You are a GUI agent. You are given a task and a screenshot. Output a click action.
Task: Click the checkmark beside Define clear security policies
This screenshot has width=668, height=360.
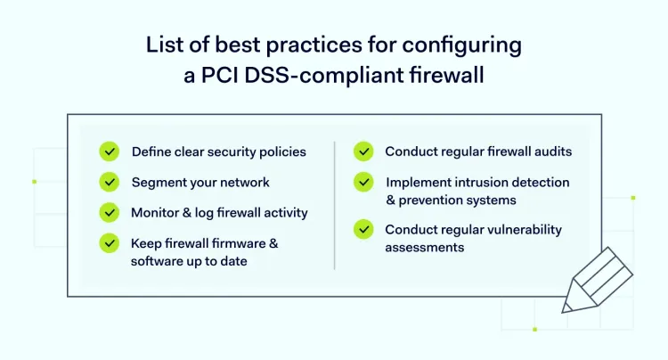point(110,151)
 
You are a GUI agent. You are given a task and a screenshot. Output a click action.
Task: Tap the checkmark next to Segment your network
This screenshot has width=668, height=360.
point(110,182)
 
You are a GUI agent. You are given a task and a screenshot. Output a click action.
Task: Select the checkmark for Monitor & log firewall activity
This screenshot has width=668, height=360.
point(110,212)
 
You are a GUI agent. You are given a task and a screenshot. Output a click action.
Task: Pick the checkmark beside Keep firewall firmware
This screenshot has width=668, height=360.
point(110,243)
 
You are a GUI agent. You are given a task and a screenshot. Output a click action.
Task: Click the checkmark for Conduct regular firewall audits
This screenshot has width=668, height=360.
point(363,151)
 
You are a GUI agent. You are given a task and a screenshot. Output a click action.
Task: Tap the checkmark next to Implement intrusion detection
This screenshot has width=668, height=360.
point(363,182)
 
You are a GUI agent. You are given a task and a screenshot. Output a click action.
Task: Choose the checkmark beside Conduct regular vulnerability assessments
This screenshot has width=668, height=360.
point(363,229)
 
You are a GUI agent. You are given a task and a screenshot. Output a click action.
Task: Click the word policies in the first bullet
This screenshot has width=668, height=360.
point(282,152)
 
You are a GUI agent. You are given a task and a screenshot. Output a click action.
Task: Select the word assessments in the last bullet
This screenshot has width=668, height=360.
point(425,248)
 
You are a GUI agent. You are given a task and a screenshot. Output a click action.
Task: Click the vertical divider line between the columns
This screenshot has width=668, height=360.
point(334,205)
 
